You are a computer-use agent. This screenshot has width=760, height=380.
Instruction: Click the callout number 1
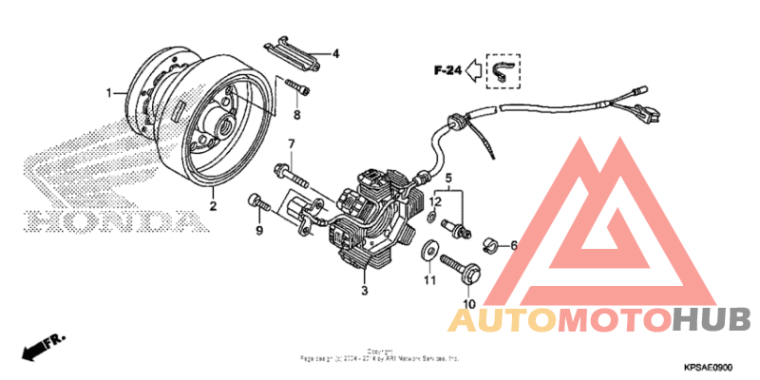pyautogui.click(x=109, y=92)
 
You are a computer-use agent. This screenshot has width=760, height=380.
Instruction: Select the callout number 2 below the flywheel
pyautogui.click(x=213, y=205)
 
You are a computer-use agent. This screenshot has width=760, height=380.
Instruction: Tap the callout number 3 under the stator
pyautogui.click(x=364, y=290)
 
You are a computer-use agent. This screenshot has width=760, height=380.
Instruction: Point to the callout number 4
pyautogui.click(x=334, y=54)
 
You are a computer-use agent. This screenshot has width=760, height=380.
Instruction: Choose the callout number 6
pyautogui.click(x=514, y=245)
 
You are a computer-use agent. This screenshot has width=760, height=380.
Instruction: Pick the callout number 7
pyautogui.click(x=292, y=144)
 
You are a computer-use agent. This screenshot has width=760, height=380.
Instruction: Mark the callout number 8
pyautogui.click(x=295, y=115)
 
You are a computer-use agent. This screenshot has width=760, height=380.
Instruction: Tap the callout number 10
pyautogui.click(x=467, y=304)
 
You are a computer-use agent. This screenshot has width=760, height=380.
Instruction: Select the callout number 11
pyautogui.click(x=429, y=281)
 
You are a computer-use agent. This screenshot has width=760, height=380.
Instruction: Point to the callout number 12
pyautogui.click(x=433, y=201)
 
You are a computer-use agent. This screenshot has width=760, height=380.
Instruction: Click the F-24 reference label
pyautogui.click(x=447, y=69)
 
